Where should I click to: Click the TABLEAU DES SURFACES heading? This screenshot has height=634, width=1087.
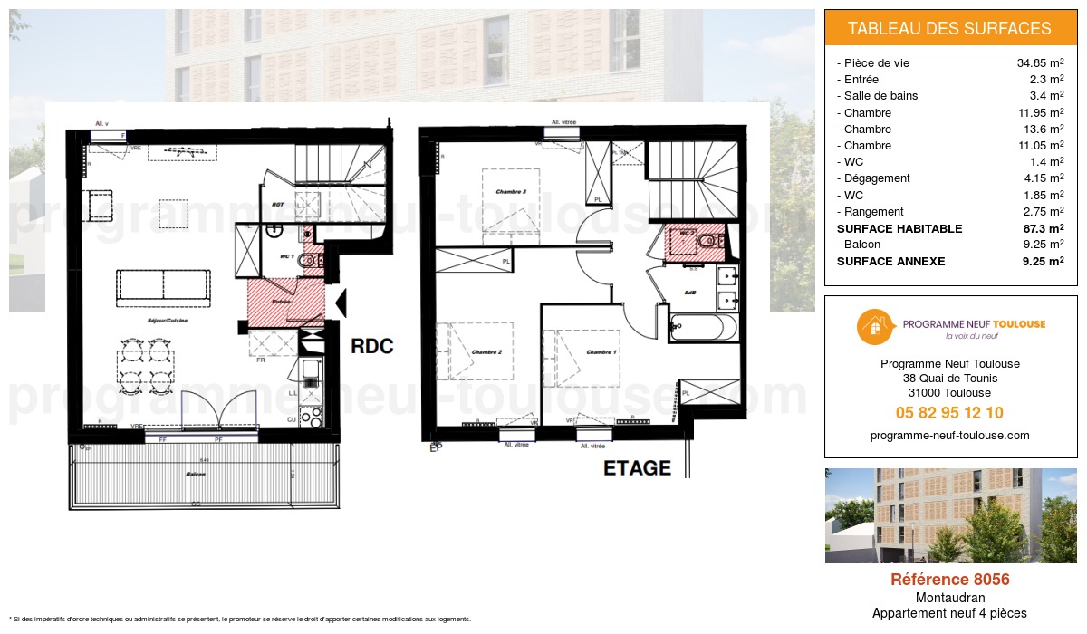pyautogui.click(x=949, y=28)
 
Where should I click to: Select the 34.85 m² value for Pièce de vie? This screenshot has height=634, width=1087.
pyautogui.click(x=1040, y=63)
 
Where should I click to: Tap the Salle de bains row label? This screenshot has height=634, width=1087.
pyautogui.click(x=880, y=96)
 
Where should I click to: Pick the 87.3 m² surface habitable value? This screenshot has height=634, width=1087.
pyautogui.click(x=1043, y=228)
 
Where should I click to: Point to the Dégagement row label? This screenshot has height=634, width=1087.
pyautogui.click(x=877, y=178)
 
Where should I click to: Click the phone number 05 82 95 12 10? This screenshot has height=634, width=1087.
pyautogui.click(x=949, y=413)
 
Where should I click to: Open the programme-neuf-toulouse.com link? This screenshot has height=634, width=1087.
pyautogui.click(x=949, y=435)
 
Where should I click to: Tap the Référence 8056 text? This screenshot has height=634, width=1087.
pyautogui.click(x=949, y=580)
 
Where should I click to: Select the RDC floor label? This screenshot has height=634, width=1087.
pyautogui.click(x=372, y=346)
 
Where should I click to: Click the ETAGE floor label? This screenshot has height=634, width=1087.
pyautogui.click(x=638, y=468)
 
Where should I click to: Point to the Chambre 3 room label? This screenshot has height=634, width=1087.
pyautogui.click(x=511, y=192)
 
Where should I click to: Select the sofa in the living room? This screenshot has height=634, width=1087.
pyautogui.click(x=164, y=285)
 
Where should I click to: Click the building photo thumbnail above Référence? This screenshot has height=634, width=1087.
pyautogui.click(x=949, y=515)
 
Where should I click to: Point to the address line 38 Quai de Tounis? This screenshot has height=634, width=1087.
pyautogui.click(x=949, y=379)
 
